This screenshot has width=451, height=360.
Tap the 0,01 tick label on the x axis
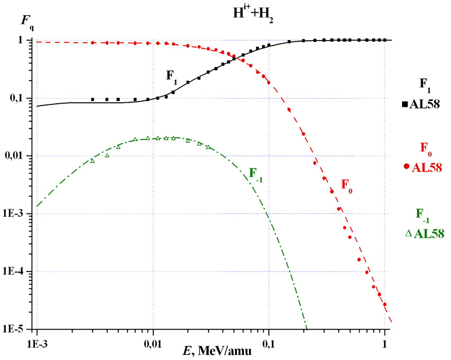[153, 343]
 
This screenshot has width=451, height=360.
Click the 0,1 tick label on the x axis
[269, 343]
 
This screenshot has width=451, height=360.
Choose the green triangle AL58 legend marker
[408, 232]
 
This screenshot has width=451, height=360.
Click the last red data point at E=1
[384, 304]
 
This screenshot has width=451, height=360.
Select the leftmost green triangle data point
[92, 161]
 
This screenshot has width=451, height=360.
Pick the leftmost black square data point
[92, 99]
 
